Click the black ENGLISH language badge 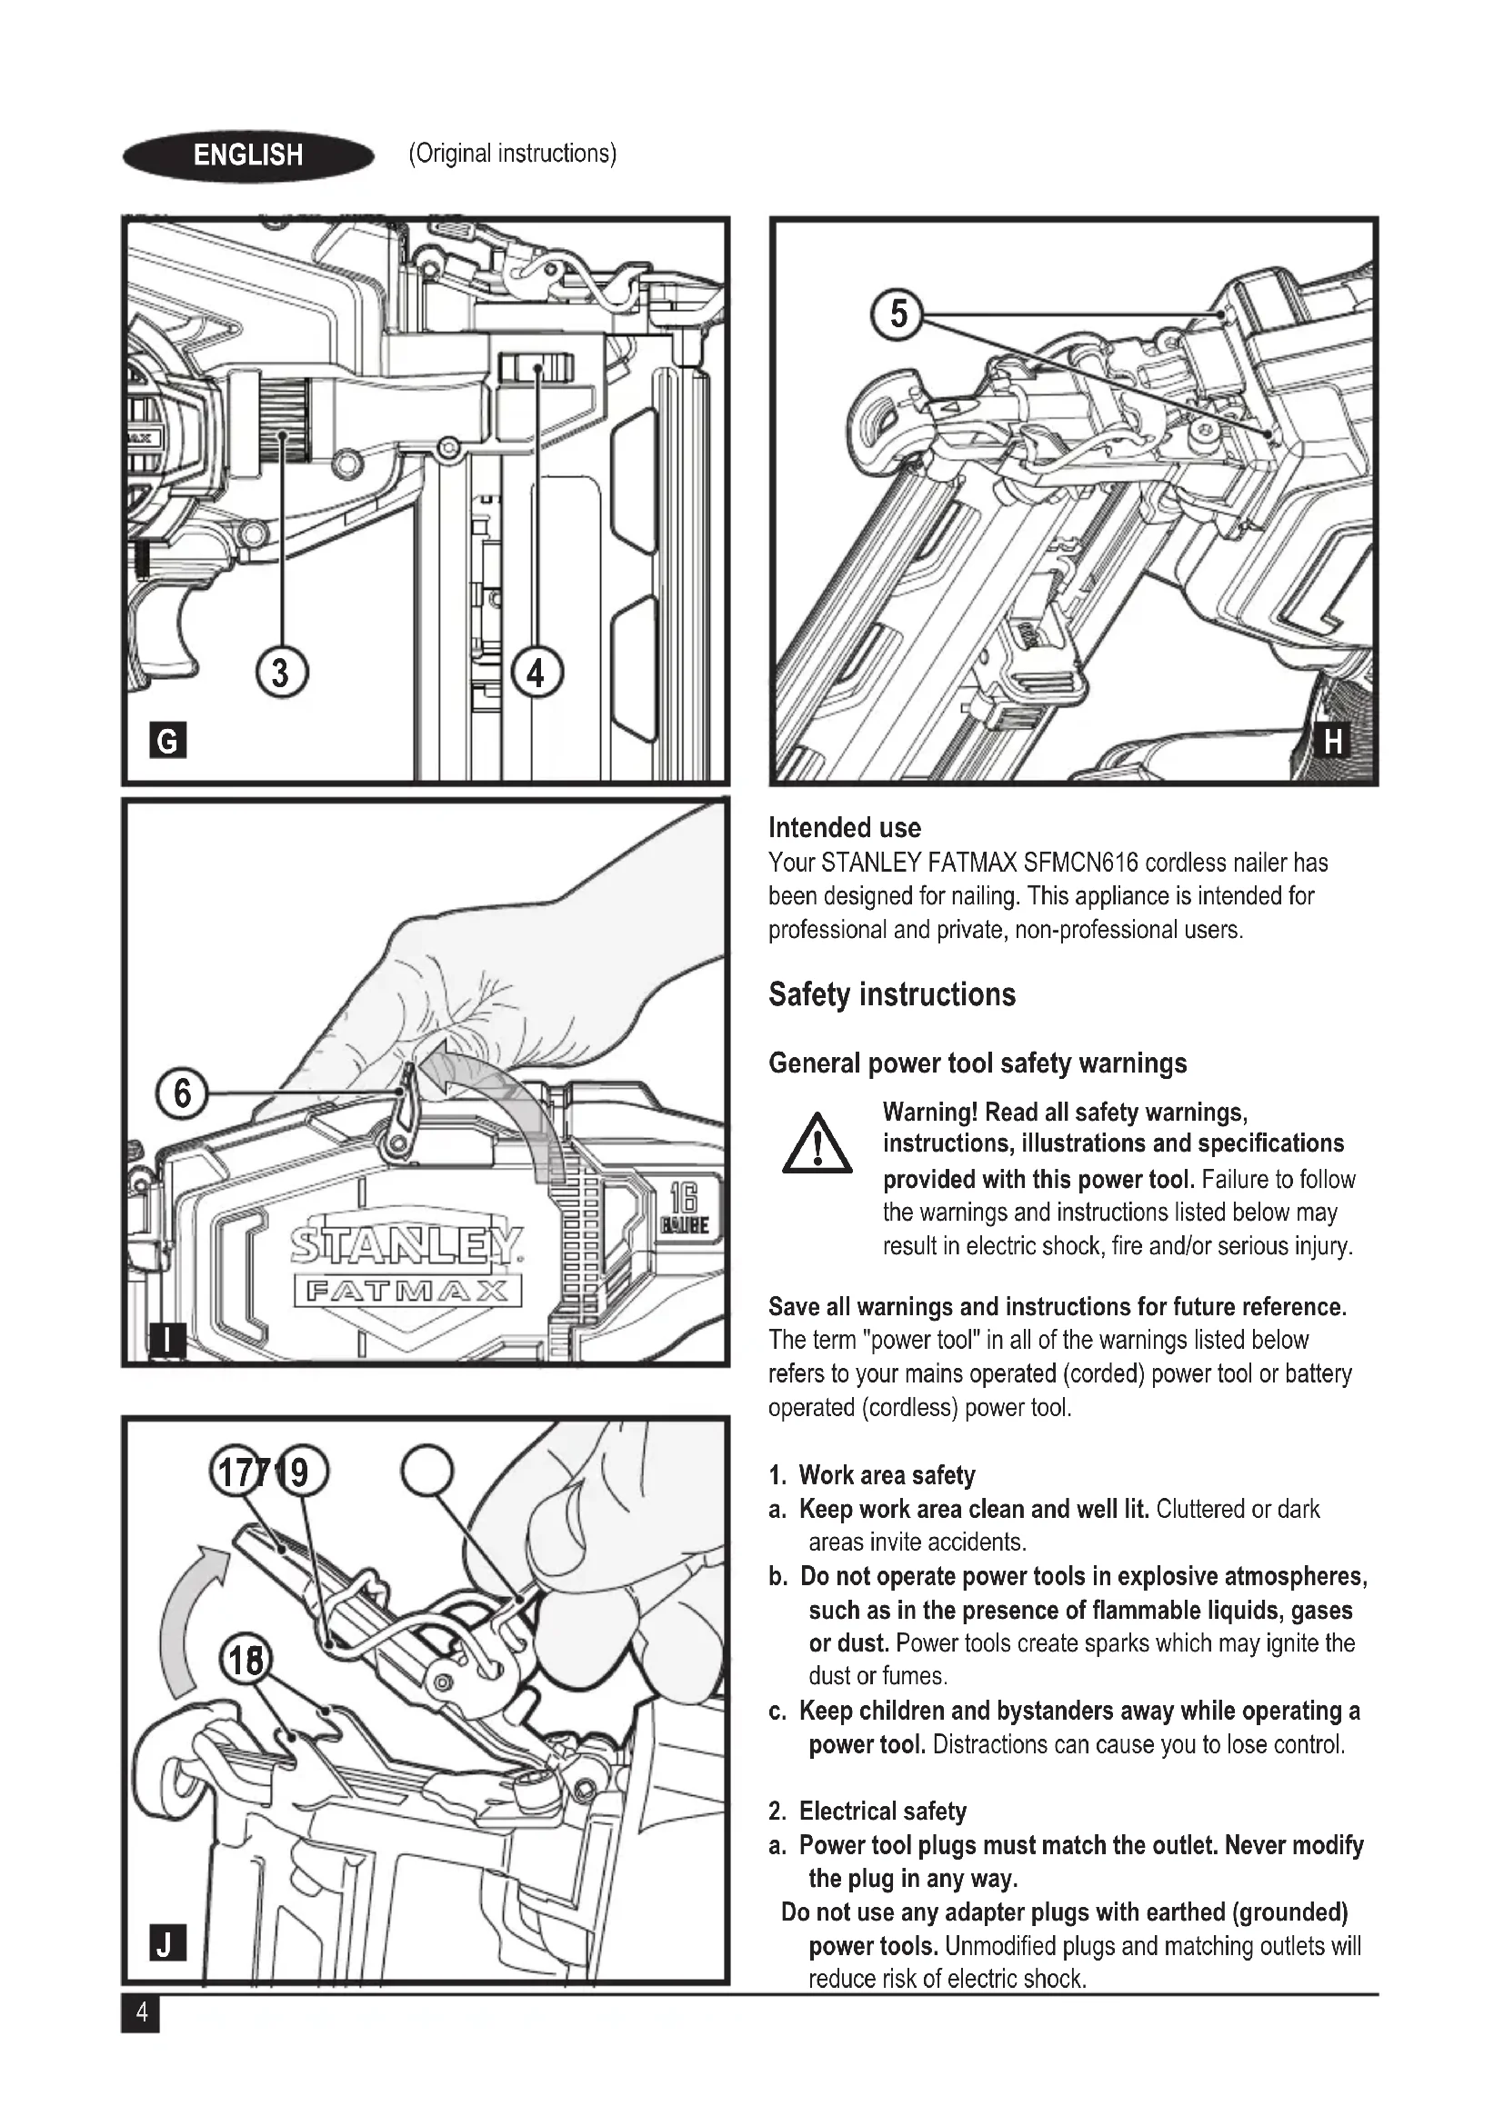(x=247, y=155)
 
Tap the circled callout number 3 (x=281, y=673)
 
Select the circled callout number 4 (x=536, y=673)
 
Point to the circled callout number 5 (x=897, y=314)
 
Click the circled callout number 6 (x=182, y=1093)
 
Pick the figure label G (x=167, y=741)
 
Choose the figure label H (x=1333, y=741)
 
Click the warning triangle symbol (x=817, y=1144)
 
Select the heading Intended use (x=845, y=828)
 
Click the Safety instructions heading (x=892, y=994)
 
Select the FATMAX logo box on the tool (x=407, y=1291)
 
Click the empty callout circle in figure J (x=427, y=1472)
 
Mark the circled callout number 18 (x=246, y=1662)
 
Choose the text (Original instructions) (x=512, y=154)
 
